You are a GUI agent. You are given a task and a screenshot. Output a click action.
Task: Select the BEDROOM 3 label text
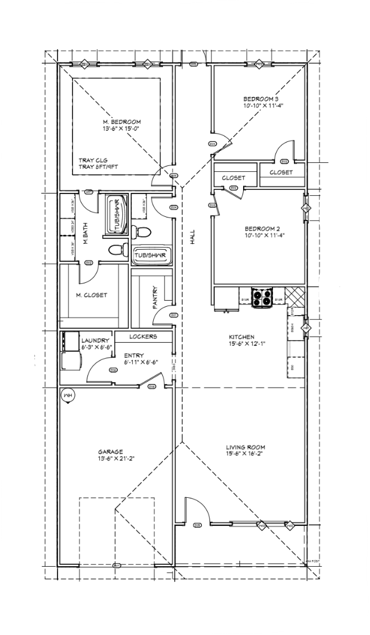[260, 99]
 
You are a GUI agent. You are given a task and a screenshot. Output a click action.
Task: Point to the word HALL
[192, 237]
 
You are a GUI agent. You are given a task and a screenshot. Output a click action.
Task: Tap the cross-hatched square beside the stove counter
[295, 295]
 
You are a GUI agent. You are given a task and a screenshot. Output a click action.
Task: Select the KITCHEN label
[242, 337]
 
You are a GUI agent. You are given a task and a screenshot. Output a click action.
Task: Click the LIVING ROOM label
[245, 447]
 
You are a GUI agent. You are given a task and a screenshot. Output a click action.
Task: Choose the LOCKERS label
[142, 337]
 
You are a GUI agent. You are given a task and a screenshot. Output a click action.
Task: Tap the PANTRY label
[154, 297]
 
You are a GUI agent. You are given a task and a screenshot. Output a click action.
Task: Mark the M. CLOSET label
[92, 295]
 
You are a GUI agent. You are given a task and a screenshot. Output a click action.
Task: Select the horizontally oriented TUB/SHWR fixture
[149, 255]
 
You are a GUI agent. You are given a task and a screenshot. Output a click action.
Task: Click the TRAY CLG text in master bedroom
[93, 161]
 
